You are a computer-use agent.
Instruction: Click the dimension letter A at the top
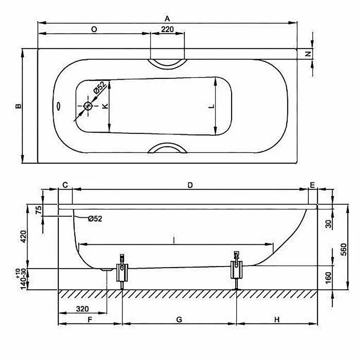coord(167,19)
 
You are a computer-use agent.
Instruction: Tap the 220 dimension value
coord(167,30)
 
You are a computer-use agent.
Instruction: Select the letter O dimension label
coord(94,30)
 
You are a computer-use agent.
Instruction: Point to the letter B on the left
coord(18,106)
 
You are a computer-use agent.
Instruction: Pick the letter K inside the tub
coord(105,106)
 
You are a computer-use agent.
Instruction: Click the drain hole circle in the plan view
coord(88,106)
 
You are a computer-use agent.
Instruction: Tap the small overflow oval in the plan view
coord(59,106)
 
